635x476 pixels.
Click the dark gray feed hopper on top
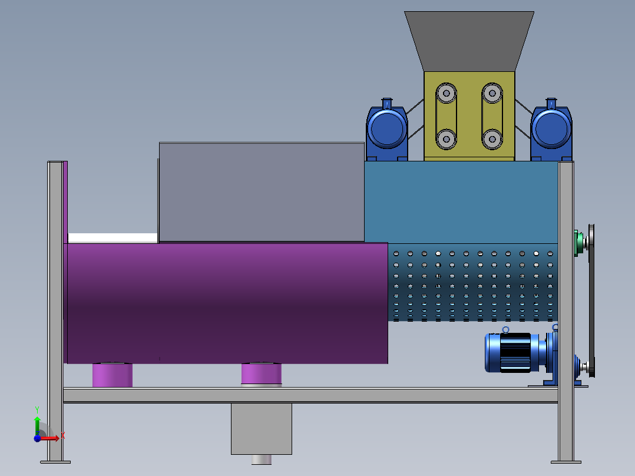tap(469, 41)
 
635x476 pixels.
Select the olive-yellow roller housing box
tap(469, 116)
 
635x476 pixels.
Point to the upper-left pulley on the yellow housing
tap(447, 94)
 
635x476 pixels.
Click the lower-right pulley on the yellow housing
tap(492, 140)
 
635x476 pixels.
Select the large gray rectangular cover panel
tap(262, 193)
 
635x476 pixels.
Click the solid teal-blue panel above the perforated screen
tap(461, 202)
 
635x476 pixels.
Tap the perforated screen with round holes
tap(473, 282)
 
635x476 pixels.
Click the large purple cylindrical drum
tap(227, 303)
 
